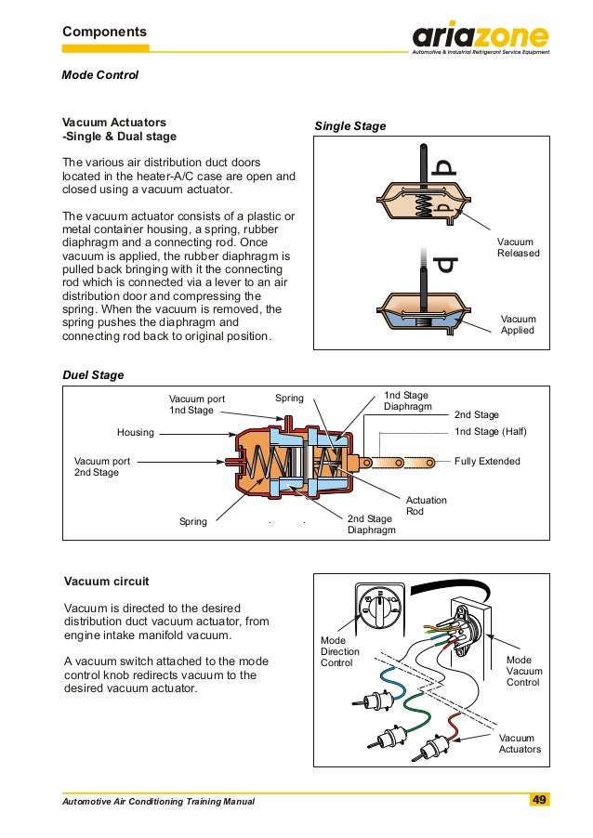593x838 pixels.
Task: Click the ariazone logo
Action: click(481, 38)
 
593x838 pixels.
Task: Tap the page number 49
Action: click(539, 800)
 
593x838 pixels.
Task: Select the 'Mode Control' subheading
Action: click(99, 74)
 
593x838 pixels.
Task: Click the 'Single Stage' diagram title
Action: click(349, 125)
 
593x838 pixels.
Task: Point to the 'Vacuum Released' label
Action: click(518, 247)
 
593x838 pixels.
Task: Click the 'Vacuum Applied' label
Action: click(518, 324)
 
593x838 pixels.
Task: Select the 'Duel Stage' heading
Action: click(92, 375)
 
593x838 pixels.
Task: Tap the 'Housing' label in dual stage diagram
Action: click(136, 432)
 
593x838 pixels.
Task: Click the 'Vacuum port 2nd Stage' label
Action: click(102, 466)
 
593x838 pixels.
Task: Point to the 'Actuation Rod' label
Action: click(427, 506)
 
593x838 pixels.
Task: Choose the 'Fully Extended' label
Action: click(487, 461)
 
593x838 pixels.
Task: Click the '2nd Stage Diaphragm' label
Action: click(371, 524)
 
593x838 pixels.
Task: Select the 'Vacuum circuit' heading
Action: click(105, 582)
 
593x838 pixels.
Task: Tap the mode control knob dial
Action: click(379, 607)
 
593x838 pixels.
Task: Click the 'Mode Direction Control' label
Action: click(339, 652)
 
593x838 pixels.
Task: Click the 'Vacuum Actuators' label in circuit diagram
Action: click(520, 743)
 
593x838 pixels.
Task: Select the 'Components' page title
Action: click(104, 32)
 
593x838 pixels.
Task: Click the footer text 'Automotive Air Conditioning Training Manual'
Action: click(158, 801)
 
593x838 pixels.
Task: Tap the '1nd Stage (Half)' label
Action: click(490, 432)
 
